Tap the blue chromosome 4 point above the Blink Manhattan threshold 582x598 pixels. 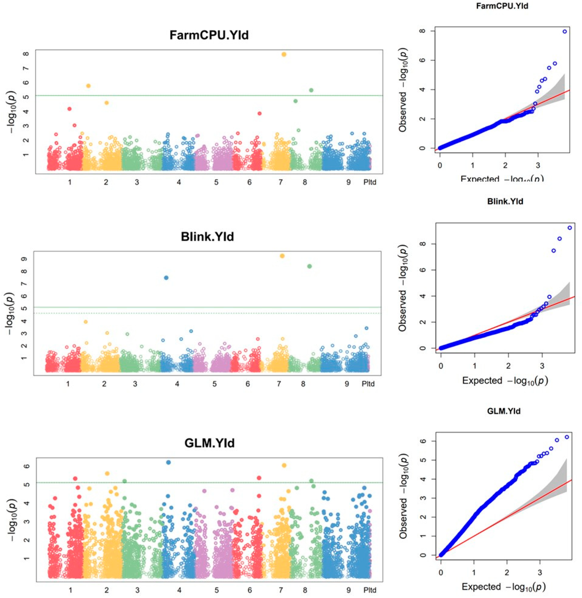(166, 278)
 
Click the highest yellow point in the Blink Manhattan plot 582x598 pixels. (282, 256)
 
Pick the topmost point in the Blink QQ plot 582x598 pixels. (569, 228)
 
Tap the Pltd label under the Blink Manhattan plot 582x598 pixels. (368, 384)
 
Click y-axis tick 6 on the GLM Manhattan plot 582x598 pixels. (27, 466)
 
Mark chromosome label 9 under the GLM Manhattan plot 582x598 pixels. (349, 590)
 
